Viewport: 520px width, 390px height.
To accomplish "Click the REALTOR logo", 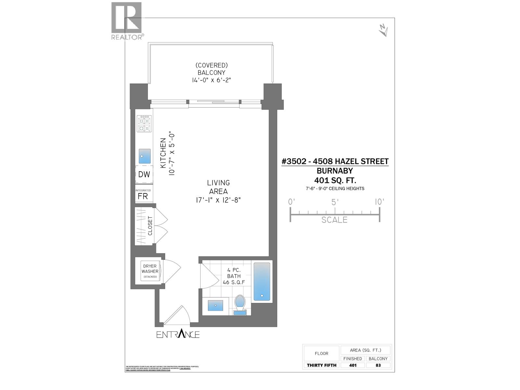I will tap(126, 21).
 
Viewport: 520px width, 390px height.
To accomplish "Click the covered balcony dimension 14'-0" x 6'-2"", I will tap(211, 80).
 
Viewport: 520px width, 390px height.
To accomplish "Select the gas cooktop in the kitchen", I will tap(144, 124).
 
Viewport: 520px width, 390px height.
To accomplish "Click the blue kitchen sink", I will tap(145, 156).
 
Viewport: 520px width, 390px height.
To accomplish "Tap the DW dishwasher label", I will tap(144, 175).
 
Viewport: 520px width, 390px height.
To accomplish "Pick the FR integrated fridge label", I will tap(143, 196).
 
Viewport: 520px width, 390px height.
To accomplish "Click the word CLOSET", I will tap(150, 226).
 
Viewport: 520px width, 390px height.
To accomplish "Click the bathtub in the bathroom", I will tap(262, 282).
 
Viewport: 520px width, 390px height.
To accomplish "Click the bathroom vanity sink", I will tap(215, 305).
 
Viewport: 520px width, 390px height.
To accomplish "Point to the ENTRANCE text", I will tap(178, 334).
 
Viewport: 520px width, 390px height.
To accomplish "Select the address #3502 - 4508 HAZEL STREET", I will tap(335, 162).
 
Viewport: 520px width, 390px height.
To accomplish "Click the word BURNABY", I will tap(335, 171).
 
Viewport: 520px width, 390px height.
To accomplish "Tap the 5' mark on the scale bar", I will tap(335, 202).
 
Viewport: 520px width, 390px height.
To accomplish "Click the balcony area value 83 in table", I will tap(378, 365).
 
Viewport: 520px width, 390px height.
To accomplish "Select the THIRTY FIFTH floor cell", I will tap(321, 365).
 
